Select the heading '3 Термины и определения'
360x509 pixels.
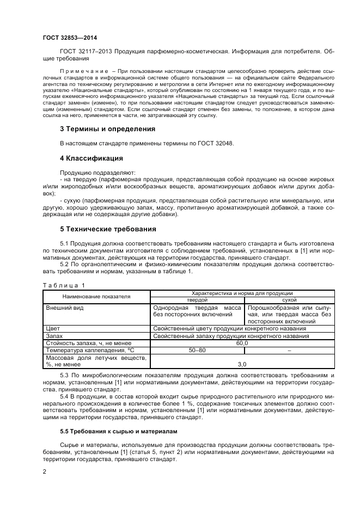107,129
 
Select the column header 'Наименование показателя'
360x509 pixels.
96,296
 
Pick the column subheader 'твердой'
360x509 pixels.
197,299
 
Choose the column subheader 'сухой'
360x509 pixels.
289,299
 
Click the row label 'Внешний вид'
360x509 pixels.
64,308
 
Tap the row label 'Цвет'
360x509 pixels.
53,329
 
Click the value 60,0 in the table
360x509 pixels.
242,344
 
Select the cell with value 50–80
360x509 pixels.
197,351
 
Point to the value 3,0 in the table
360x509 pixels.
242,364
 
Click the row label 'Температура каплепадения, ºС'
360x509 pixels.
90,351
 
